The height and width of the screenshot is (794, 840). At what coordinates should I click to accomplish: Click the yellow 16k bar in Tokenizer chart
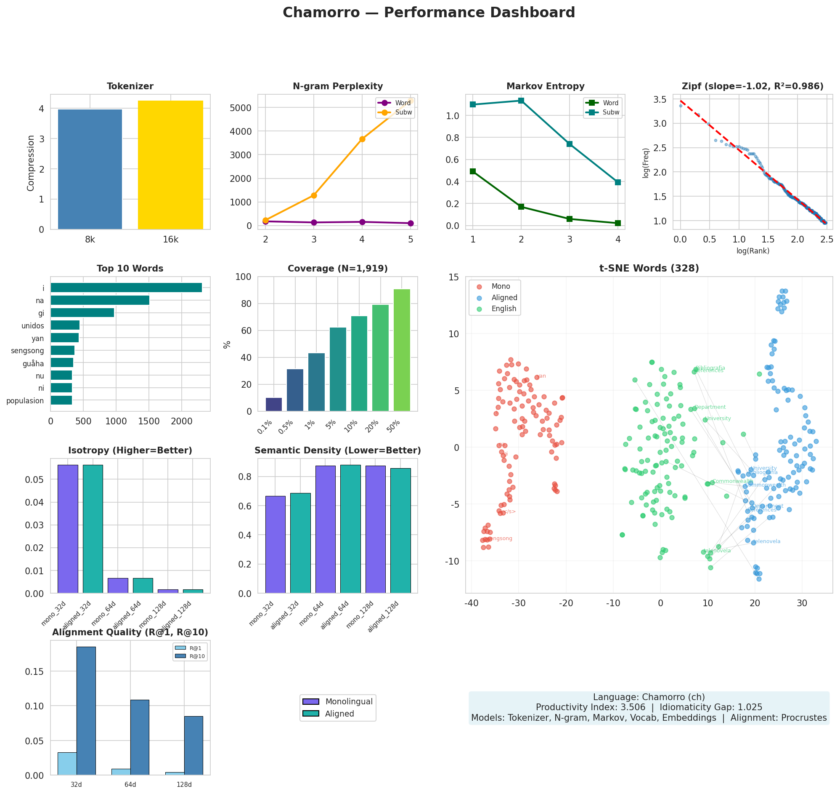[170, 165]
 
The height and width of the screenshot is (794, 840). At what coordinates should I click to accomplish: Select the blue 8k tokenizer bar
[90, 169]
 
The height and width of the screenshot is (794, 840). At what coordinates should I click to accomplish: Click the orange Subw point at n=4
[362, 139]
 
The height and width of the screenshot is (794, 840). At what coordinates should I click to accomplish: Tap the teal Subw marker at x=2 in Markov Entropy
[521, 100]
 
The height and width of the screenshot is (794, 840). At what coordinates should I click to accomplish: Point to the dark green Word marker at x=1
[472, 171]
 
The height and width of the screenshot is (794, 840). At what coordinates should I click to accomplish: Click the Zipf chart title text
[752, 86]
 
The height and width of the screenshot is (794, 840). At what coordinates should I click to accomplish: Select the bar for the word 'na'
[100, 300]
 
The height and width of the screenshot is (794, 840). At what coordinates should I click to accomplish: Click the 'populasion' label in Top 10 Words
[25, 400]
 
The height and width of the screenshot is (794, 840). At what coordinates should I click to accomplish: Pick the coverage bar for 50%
[401, 349]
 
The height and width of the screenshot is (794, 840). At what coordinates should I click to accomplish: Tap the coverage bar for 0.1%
[274, 404]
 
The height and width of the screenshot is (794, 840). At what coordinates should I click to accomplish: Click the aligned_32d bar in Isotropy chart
[93, 529]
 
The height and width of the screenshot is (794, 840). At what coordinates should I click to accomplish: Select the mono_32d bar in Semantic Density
[275, 544]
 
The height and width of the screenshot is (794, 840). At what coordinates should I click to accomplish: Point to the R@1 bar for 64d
[121, 772]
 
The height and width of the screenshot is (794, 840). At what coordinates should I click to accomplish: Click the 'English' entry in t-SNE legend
[503, 309]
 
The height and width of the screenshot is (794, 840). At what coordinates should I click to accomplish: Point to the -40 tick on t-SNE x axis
[471, 604]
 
